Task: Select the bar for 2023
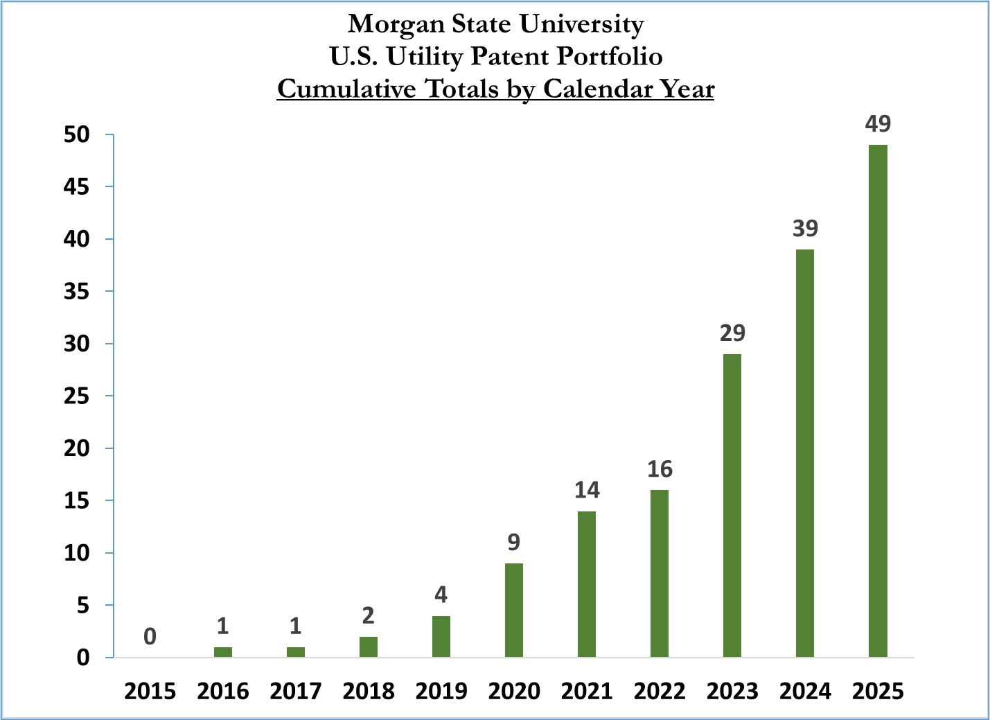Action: pos(732,505)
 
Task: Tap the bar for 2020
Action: pos(514,610)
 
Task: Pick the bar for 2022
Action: pos(660,573)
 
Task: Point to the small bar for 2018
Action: pos(369,647)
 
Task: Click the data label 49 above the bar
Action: pos(878,124)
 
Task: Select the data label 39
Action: pos(805,229)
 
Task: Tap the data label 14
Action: pos(587,491)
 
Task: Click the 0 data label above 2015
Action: pos(150,636)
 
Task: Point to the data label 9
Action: pos(513,542)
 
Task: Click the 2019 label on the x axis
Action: pos(441,691)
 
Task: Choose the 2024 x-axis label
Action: pos(805,691)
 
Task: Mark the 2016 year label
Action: pos(223,691)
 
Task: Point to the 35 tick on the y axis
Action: pos(77,291)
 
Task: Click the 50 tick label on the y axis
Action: pos(77,134)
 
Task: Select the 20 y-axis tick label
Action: pos(77,448)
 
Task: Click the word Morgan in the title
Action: pos(396,24)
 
